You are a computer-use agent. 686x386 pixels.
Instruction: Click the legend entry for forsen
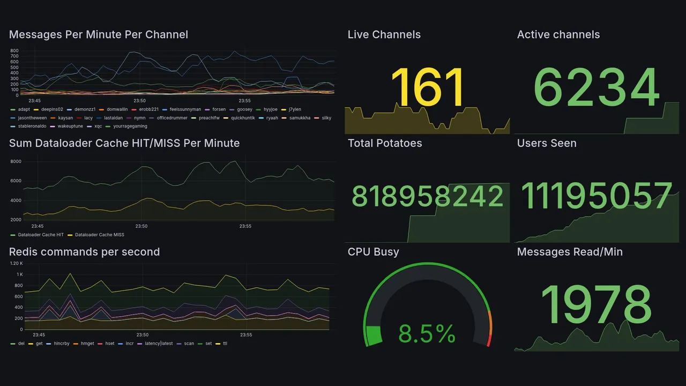coord(219,109)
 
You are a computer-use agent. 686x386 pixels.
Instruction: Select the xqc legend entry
coord(98,127)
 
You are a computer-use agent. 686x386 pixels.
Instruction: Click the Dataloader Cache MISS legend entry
coord(99,235)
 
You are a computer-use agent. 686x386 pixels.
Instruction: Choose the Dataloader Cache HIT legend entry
coord(40,235)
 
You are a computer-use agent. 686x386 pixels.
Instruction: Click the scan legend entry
coord(189,343)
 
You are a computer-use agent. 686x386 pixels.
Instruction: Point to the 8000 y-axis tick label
coord(16,161)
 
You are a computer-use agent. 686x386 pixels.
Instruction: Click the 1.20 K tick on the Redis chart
coord(17,263)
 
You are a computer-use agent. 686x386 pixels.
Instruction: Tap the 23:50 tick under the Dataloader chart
coord(141,226)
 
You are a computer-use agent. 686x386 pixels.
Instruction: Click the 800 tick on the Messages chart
coord(14,51)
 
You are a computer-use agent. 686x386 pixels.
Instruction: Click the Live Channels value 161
coord(427,88)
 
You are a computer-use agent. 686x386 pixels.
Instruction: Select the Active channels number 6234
coord(596,88)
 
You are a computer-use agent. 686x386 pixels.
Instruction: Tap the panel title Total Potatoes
coord(385,143)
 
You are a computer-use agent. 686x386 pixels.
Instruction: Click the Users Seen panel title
coord(547,143)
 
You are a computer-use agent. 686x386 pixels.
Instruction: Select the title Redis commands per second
coord(85,252)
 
